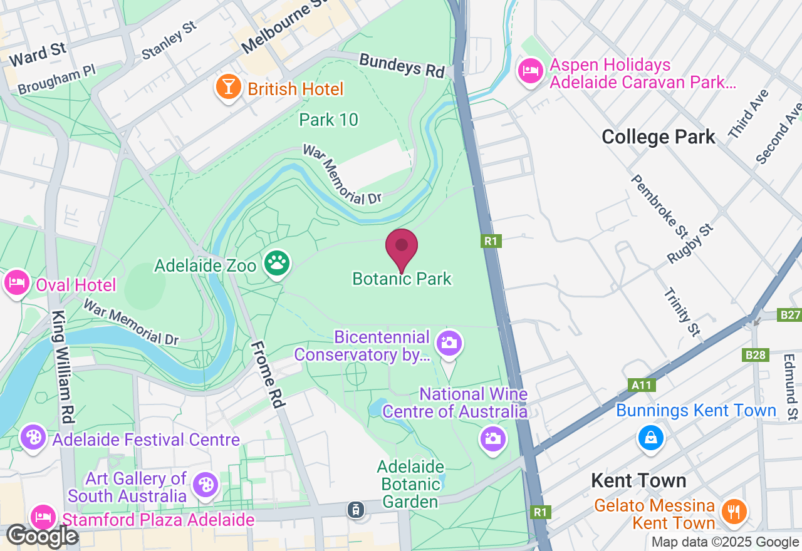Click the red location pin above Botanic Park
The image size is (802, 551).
pyautogui.click(x=402, y=248)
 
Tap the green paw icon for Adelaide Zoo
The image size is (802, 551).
pyautogui.click(x=276, y=264)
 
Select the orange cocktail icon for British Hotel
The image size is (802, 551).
pyautogui.click(x=228, y=86)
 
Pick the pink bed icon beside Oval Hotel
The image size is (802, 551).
pyautogui.click(x=16, y=283)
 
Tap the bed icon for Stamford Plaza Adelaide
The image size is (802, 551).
pyautogui.click(x=43, y=518)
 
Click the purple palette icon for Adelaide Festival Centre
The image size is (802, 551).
pyautogui.click(x=33, y=436)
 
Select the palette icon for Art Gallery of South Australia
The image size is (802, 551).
pyautogui.click(x=205, y=484)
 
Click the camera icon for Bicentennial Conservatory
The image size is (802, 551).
pyautogui.click(x=449, y=342)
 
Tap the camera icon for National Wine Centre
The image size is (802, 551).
pyautogui.click(x=492, y=438)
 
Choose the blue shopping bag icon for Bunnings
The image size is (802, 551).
pyautogui.click(x=651, y=437)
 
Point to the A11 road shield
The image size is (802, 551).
pyautogui.click(x=642, y=385)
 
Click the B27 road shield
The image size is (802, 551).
pyautogui.click(x=789, y=314)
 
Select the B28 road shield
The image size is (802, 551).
pyautogui.click(x=756, y=355)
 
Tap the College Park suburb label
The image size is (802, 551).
pyautogui.click(x=658, y=137)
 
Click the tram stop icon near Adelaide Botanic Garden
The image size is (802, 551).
pyautogui.click(x=355, y=509)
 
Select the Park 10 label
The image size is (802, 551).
pyautogui.click(x=328, y=120)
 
